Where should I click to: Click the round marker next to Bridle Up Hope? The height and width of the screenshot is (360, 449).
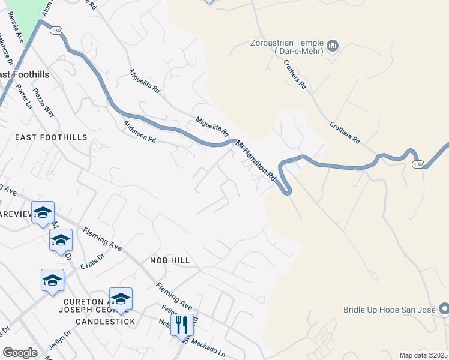444,309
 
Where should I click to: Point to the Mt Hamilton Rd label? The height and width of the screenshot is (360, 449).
256,161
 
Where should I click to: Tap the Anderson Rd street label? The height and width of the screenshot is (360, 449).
139,131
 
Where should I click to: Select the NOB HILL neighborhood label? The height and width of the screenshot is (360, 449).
170,260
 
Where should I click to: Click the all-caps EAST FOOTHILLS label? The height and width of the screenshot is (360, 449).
51,137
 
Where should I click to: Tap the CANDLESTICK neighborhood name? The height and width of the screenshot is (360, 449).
105,322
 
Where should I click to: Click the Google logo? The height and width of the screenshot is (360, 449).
20,352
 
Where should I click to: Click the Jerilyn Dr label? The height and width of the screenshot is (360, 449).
61,342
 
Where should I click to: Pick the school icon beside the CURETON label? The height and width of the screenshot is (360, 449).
121,299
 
